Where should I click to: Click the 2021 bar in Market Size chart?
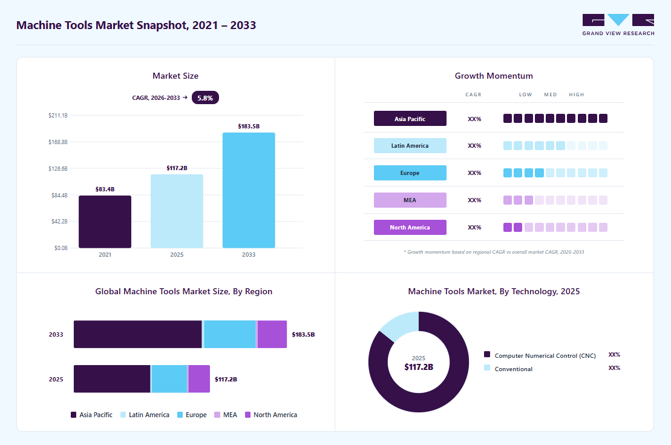(105, 222)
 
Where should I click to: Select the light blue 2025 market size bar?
(177, 211)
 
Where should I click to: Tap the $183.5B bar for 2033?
(249, 190)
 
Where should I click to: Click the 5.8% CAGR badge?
(205, 97)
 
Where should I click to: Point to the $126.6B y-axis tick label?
(58, 169)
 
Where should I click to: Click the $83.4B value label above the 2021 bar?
(105, 190)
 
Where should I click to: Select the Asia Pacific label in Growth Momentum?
(410, 119)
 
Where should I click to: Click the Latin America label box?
(410, 146)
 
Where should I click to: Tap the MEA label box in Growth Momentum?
(410, 200)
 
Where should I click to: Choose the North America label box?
(410, 228)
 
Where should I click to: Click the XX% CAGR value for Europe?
(474, 173)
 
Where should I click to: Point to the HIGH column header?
(577, 94)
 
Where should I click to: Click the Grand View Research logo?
(618, 25)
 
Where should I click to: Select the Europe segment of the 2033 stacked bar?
(230, 334)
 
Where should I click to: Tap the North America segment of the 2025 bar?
(200, 378)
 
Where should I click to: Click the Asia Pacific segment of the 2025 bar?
(112, 378)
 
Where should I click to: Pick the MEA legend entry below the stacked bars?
(226, 415)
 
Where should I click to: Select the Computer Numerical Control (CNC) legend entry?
(540, 355)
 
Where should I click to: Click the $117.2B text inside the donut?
(419, 367)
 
